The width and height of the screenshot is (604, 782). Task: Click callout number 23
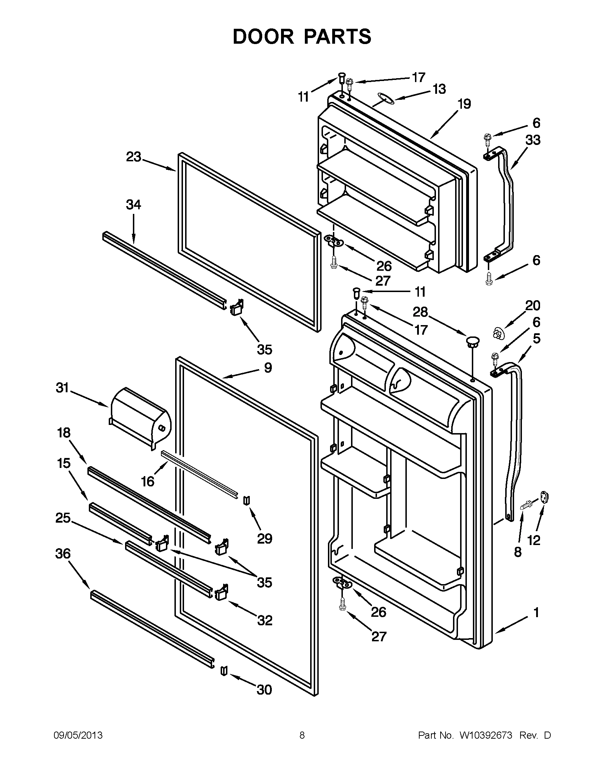[x=133, y=157]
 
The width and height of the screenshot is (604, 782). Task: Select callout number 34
[x=133, y=204]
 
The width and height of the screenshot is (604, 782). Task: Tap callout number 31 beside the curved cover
[x=62, y=388]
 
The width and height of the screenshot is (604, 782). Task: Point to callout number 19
[x=464, y=104]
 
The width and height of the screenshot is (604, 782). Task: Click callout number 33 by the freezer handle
[x=532, y=140]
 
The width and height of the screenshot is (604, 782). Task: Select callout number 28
[x=420, y=312]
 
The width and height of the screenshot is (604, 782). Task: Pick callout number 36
[x=63, y=554]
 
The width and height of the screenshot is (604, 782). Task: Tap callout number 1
[x=536, y=613]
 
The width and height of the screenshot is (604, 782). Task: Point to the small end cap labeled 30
[x=224, y=670]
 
